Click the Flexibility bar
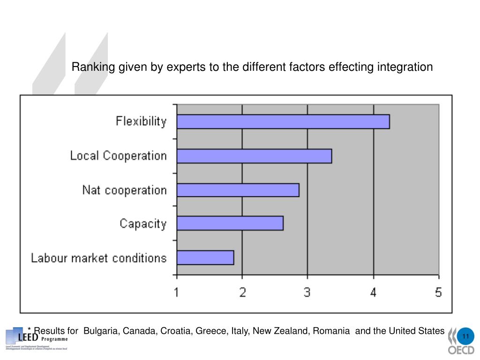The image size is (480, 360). coord(283,122)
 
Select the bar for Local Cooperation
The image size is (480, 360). coord(254,156)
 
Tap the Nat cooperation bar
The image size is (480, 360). coord(238,190)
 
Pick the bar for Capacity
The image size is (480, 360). coord(230,224)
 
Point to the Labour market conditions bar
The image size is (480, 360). coord(205,258)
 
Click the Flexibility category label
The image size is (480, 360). coord(141,122)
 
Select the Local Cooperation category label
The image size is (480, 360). coord(118,156)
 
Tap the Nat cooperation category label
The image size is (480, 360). coord(124,190)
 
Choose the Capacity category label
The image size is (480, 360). coord(143,224)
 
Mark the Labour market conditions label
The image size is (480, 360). coord(98,258)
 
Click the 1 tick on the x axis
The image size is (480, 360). coord(177,292)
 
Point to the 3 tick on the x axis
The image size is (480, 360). coord(307,292)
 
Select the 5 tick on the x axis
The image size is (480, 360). coord(438,292)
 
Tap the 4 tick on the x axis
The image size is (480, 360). coord(373,292)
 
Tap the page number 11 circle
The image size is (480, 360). coord(465,337)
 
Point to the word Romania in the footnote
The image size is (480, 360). coord(331,331)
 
